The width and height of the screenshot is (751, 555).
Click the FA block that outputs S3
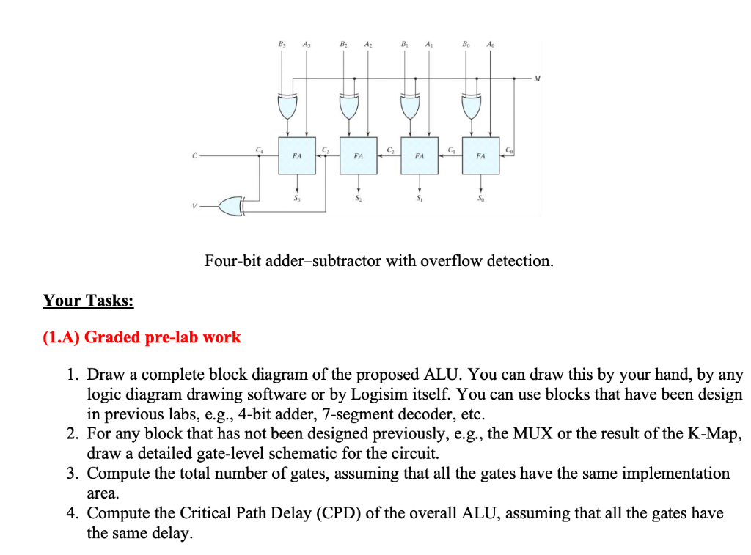pyautogui.click(x=297, y=155)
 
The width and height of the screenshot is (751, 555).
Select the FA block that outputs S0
pyautogui.click(x=480, y=155)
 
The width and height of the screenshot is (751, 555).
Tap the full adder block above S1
pyautogui.click(x=420, y=155)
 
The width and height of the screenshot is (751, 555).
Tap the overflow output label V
pyautogui.click(x=194, y=207)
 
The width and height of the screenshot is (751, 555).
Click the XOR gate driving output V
pyautogui.click(x=230, y=206)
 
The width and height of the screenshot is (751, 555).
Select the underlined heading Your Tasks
pyautogui.click(x=88, y=301)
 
